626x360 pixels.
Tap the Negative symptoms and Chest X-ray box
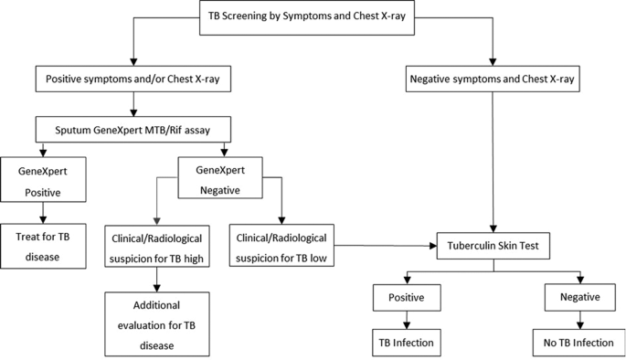pyautogui.click(x=494, y=79)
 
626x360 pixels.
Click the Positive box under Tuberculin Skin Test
pyautogui.click(x=406, y=297)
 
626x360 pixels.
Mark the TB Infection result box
pyautogui.click(x=406, y=343)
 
